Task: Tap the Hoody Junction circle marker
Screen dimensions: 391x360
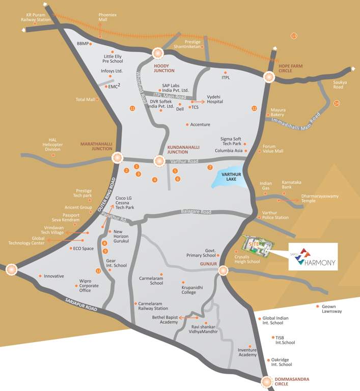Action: pyautogui.click(x=158, y=53)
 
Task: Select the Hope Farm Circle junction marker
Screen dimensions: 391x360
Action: pyautogui.click(x=269, y=77)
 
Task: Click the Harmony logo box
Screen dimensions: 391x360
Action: pyautogui.click(x=312, y=257)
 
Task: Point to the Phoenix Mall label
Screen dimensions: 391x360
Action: pyautogui.click(x=107, y=18)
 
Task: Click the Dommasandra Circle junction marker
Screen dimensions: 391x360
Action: pyautogui.click(x=267, y=382)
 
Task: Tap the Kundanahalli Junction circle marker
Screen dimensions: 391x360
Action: pyautogui.click(x=159, y=160)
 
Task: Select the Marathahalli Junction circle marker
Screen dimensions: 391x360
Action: pyautogui.click(x=118, y=158)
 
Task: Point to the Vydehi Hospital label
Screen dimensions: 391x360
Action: pyautogui.click(x=215, y=99)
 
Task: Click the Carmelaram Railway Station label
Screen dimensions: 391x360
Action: pyautogui.click(x=153, y=305)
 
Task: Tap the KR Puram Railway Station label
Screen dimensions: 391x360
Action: pyautogui.click(x=34, y=18)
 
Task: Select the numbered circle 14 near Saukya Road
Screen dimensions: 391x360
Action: pyautogui.click(x=337, y=103)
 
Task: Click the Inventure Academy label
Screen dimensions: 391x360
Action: pyautogui.click(x=247, y=352)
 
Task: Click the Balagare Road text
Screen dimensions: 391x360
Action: pyautogui.click(x=196, y=212)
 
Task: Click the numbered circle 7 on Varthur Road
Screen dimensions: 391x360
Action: pyautogui.click(x=209, y=167)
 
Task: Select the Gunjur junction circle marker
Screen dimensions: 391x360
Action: pyautogui.click(x=223, y=271)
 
